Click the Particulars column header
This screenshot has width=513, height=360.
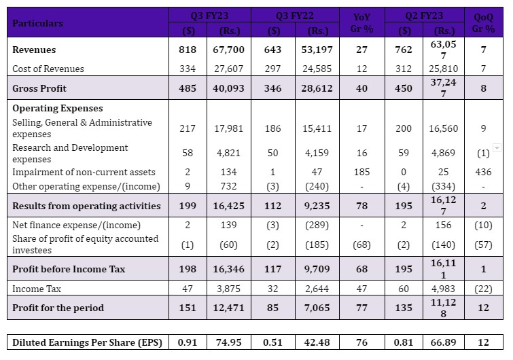pyautogui.click(x=37, y=23)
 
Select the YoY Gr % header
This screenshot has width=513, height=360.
pyautogui.click(x=362, y=23)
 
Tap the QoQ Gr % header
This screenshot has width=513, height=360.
pyautogui.click(x=483, y=23)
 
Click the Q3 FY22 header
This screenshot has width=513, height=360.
pyautogui.click(x=295, y=16)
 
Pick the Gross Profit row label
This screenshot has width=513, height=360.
pyautogui.click(x=39, y=88)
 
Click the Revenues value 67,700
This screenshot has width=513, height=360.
pyautogui.click(x=228, y=50)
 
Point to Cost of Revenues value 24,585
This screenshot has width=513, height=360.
pyautogui.click(x=317, y=69)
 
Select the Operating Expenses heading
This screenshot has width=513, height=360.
pyautogui.click(x=58, y=108)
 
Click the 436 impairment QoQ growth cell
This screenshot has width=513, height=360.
pyautogui.click(x=483, y=172)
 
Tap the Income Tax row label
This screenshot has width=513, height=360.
pyautogui.click(x=37, y=289)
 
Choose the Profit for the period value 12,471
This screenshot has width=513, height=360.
pyautogui.click(x=228, y=308)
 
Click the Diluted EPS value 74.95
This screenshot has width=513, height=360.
pyautogui.click(x=228, y=342)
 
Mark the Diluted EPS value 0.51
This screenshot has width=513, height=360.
pyautogui.click(x=272, y=342)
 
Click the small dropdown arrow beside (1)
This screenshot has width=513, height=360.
pyautogui.click(x=497, y=148)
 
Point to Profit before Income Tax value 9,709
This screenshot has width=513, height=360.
pyautogui.click(x=317, y=269)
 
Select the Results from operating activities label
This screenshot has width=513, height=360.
pyautogui.click(x=86, y=206)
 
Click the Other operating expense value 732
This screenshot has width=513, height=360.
pyautogui.click(x=228, y=186)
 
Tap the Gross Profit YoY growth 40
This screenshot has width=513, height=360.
pyautogui.click(x=361, y=88)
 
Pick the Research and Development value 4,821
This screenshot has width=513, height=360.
pyautogui.click(x=228, y=153)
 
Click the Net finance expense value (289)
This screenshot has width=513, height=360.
pyautogui.click(x=317, y=226)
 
